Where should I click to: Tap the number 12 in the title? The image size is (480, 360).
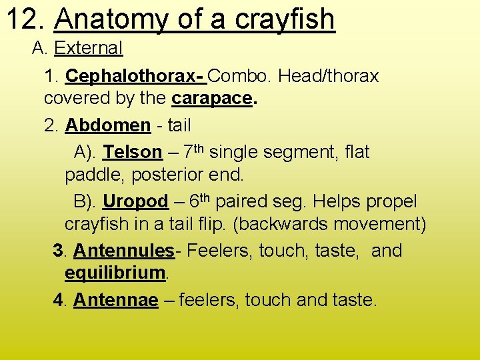(x=25, y=19)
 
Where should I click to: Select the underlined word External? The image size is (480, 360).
(x=89, y=48)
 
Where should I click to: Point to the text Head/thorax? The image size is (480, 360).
(x=329, y=77)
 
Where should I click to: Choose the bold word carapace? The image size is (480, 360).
(x=212, y=99)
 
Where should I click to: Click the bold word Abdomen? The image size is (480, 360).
(x=108, y=125)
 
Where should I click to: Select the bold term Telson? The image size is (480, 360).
(x=133, y=153)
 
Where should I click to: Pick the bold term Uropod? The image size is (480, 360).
(x=135, y=202)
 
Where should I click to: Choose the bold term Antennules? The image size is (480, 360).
(x=123, y=251)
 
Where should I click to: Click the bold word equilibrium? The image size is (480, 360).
(x=115, y=273)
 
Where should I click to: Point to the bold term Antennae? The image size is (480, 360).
(x=115, y=301)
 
